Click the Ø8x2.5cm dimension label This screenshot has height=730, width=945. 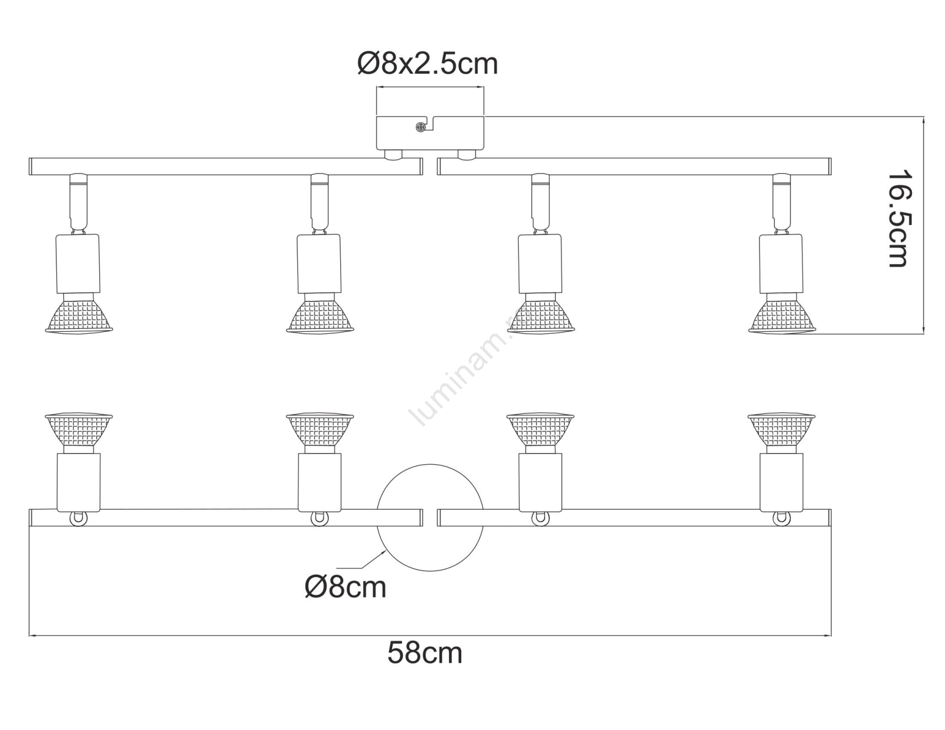(428, 64)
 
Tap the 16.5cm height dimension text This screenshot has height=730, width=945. (897, 218)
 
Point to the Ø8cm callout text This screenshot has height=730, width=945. (346, 588)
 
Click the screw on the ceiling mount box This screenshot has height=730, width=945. (421, 128)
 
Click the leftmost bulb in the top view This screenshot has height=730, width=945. (79, 314)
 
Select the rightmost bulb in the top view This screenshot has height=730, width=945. (781, 314)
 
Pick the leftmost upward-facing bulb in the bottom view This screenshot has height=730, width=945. (79, 429)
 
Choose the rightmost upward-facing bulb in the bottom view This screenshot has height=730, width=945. (781, 429)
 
